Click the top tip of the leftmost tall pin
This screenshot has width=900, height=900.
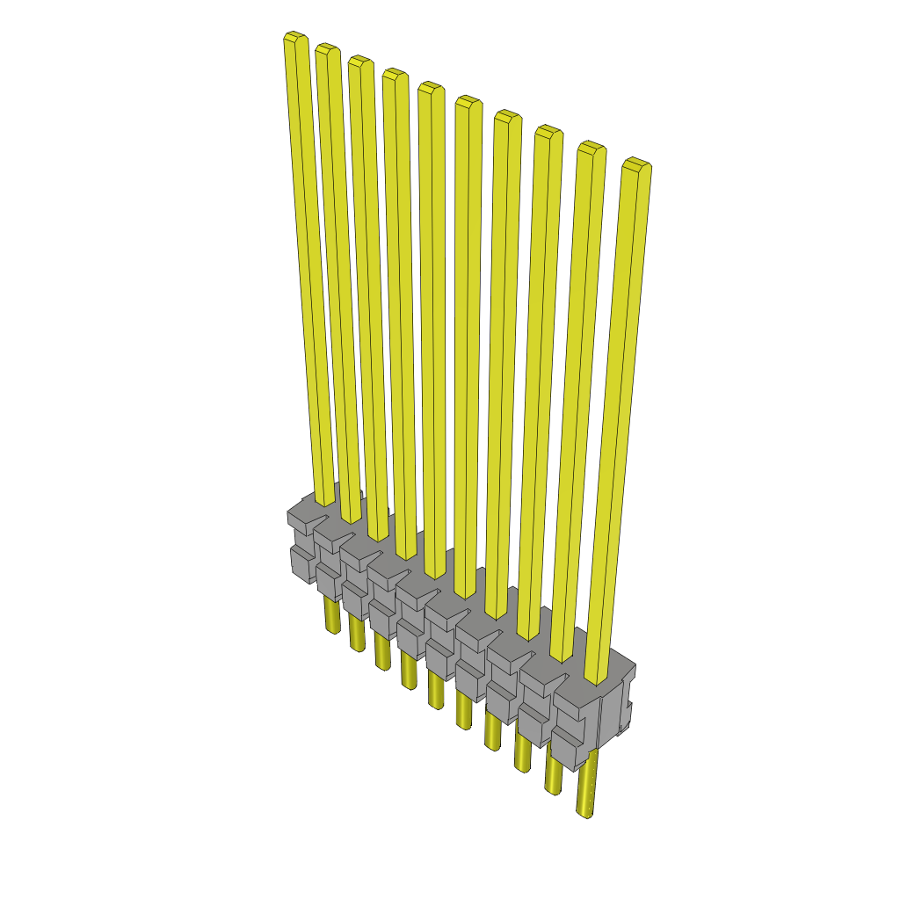coord(294,39)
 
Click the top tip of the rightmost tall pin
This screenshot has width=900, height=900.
coord(636,163)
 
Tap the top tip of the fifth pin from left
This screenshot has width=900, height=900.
coord(430,88)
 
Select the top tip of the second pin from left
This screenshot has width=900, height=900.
coord(327,49)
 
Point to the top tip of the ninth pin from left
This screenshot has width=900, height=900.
coord(592,147)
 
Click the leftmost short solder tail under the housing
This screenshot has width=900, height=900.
coord(332,615)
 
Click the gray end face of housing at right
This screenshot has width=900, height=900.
coord(616,712)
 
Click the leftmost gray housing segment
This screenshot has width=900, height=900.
coord(301,545)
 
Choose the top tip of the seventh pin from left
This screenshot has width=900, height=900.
coord(507,116)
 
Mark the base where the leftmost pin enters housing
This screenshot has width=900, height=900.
coord(325,501)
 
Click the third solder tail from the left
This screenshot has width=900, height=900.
coord(381,650)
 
